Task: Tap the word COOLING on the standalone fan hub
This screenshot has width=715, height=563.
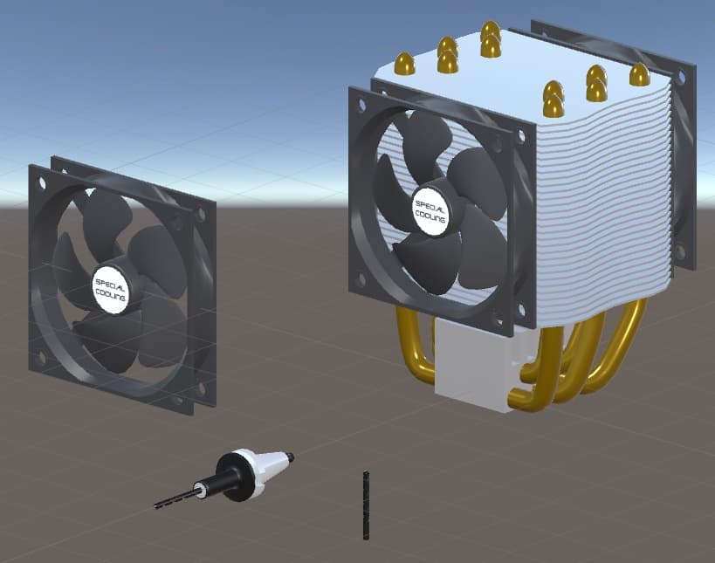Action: point(110,295)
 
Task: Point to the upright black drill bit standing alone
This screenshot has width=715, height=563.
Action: point(366,505)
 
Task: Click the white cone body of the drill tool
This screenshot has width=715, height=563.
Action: point(269,467)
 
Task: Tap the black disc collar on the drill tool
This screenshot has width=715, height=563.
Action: point(235,477)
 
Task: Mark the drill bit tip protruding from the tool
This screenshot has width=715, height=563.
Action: point(156,506)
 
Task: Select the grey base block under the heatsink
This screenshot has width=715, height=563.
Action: point(474,365)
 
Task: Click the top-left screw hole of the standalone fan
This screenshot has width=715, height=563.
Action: point(43,183)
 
